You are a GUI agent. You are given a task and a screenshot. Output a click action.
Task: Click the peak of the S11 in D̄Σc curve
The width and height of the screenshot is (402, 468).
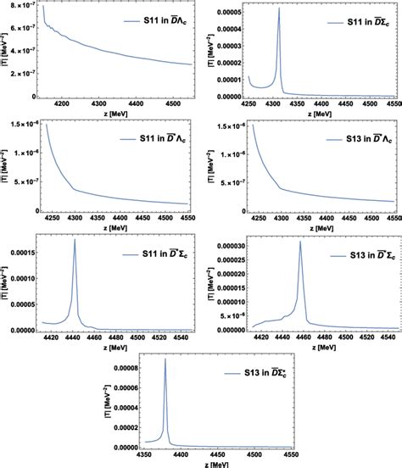[279, 8]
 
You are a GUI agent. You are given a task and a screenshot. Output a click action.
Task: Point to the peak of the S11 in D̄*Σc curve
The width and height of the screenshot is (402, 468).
[75, 240]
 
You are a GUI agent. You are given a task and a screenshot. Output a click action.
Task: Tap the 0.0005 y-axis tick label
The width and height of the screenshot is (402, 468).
[222, 13]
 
